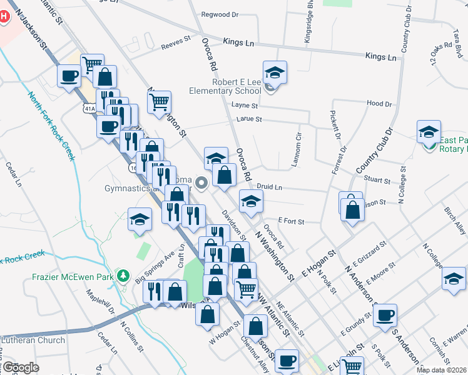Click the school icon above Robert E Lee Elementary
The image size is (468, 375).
point(275,74)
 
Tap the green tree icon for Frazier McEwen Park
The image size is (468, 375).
point(124,276)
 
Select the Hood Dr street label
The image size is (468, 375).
point(379,103)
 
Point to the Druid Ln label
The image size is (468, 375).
point(270,187)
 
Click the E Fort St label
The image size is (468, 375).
point(291,221)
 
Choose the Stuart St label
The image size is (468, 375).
point(377,181)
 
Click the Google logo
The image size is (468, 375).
point(21,367)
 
